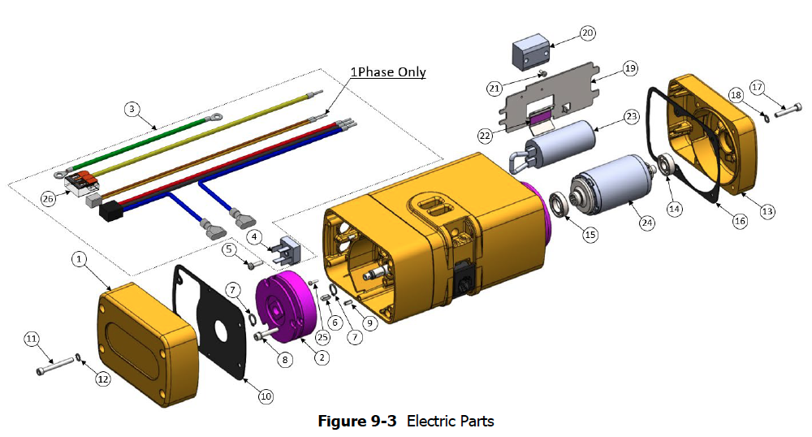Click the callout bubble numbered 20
tap(587, 33)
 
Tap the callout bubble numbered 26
tap(48, 199)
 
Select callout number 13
tap(767, 211)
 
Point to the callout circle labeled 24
tap(647, 223)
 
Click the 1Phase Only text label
tap(388, 72)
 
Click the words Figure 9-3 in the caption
tap(356, 421)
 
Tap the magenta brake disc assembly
tap(286, 306)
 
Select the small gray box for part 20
tap(529, 54)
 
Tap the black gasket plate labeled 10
tap(209, 322)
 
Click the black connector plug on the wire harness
tap(110, 212)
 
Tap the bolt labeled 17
tap(788, 110)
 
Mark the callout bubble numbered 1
tap(79, 259)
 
